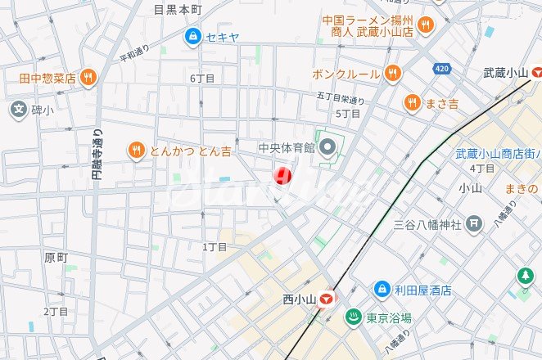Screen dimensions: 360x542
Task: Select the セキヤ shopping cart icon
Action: [192, 36]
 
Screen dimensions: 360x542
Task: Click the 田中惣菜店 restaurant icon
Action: [88, 79]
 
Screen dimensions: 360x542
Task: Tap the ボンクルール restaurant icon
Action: [393, 74]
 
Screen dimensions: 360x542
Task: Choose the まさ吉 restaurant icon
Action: [412, 103]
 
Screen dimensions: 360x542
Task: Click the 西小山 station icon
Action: [328, 299]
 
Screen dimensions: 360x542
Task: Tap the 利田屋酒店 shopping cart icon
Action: [382, 290]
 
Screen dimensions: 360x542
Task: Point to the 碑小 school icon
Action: [18, 108]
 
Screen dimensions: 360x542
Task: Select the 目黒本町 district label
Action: [178, 9]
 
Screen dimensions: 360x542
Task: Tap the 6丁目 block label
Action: [201, 79]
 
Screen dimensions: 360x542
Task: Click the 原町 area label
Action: [55, 257]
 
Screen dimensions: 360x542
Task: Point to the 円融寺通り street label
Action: [97, 156]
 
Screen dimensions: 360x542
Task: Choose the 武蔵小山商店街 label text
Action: [498, 153]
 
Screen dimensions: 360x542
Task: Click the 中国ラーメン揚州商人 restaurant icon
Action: [425, 25]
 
